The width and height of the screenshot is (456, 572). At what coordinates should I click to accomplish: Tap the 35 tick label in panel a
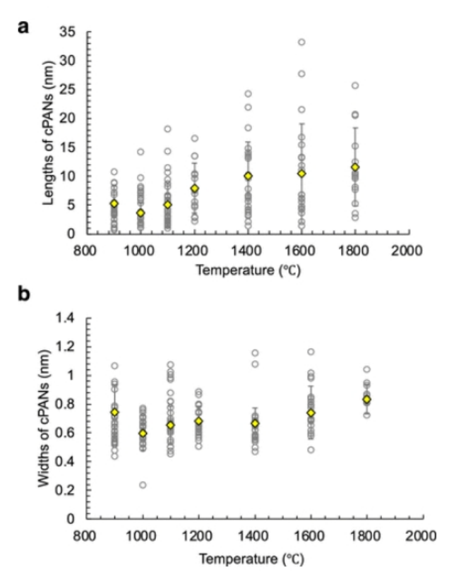tap(68, 32)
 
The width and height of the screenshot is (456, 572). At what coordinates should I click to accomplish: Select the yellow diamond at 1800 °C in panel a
tap(355, 167)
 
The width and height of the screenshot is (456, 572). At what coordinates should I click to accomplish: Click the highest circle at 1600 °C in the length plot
tap(301, 42)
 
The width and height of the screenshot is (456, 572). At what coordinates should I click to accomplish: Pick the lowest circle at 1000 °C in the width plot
tap(143, 484)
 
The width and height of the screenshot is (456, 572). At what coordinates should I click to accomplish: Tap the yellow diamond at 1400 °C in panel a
tap(248, 176)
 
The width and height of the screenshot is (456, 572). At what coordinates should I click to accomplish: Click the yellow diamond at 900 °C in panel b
tap(114, 412)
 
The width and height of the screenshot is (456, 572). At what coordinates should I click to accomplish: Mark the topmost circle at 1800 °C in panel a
tap(355, 85)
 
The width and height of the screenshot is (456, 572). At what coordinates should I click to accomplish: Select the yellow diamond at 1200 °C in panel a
tap(195, 189)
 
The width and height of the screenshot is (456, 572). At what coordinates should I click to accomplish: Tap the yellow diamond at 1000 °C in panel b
tap(143, 433)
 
